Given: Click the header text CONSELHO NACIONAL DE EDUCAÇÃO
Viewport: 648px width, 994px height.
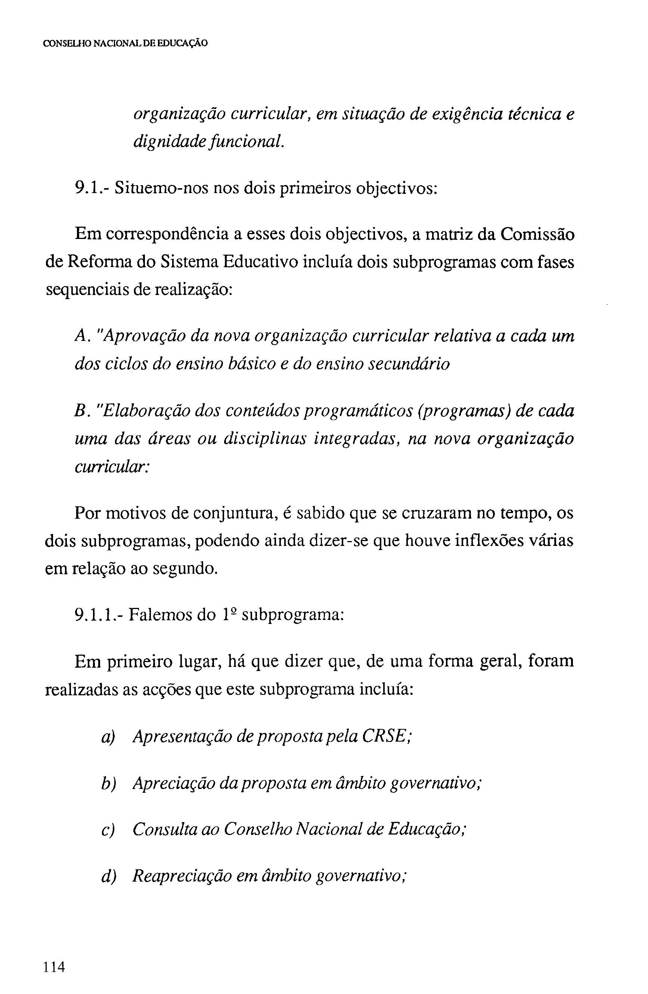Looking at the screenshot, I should point(125,43).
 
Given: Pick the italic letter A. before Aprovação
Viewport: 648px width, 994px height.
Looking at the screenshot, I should point(81,336).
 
